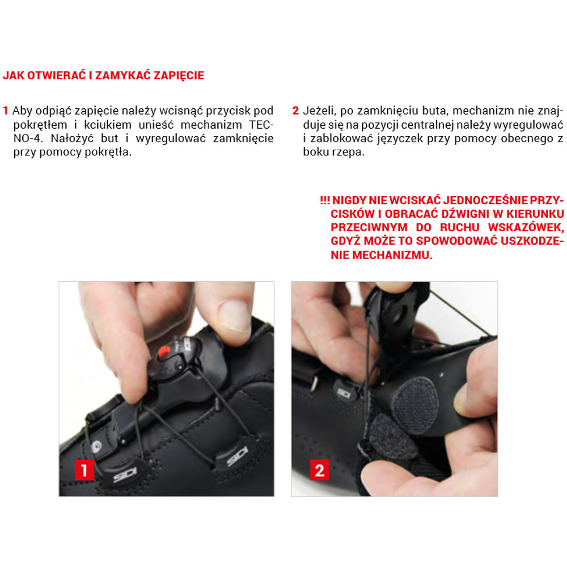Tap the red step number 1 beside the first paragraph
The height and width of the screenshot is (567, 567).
(6, 111)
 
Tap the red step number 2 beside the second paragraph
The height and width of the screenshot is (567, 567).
(295, 111)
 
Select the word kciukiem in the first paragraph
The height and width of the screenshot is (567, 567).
(108, 125)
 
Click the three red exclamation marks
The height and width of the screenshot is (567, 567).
(325, 200)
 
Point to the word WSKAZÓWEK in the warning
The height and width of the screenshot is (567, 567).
(526, 228)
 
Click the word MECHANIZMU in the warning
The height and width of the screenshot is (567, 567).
(392, 255)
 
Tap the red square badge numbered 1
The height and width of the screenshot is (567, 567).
(84, 470)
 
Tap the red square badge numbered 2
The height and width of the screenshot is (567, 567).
(319, 470)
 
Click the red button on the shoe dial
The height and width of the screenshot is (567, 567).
(164, 351)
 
